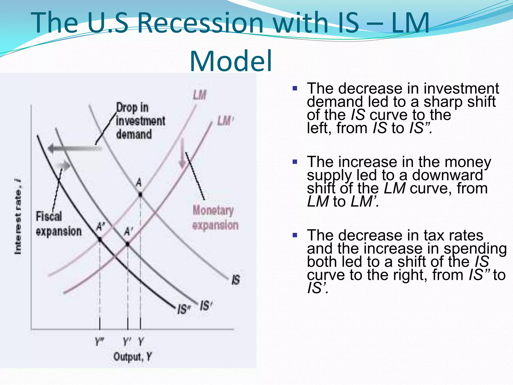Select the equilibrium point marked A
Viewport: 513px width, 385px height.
pyautogui.click(x=140, y=194)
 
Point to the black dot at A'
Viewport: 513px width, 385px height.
pyautogui.click(x=127, y=244)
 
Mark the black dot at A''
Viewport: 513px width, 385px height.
pyautogui.click(x=100, y=240)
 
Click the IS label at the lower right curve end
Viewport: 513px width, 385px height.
pyautogui.click(x=236, y=280)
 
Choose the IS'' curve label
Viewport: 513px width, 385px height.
pyautogui.click(x=184, y=309)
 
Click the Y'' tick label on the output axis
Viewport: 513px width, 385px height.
pyautogui.click(x=99, y=341)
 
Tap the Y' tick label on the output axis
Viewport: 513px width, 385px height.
pyautogui.click(x=127, y=341)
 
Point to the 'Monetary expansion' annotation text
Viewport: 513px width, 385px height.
pyautogui.click(x=215, y=218)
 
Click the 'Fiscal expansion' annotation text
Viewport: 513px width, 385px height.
pyautogui.click(x=59, y=224)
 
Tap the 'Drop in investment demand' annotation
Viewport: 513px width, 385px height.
pyautogui.click(x=140, y=121)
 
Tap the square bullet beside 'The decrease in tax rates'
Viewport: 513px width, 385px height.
pyautogui.click(x=295, y=235)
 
